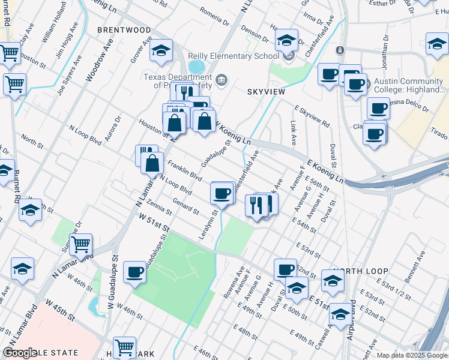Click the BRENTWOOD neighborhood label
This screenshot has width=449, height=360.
(125, 30)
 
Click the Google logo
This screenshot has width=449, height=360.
(20, 353)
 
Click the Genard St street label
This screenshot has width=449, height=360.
(185, 206)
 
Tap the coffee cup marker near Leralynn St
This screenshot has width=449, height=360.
(221, 194)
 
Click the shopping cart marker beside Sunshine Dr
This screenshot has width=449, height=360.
(80, 244)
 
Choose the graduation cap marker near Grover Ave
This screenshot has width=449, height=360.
(161, 52)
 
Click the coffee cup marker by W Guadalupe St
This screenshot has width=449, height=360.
(134, 271)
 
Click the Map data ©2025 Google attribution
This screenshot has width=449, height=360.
(412, 355)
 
